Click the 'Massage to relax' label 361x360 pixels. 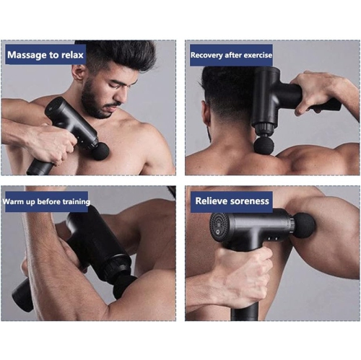[x=45, y=54]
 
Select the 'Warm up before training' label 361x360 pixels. [x=45, y=201]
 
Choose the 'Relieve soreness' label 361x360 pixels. [x=232, y=201]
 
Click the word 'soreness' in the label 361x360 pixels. [x=247, y=201]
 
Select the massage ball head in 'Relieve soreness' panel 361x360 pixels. [x=304, y=225]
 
